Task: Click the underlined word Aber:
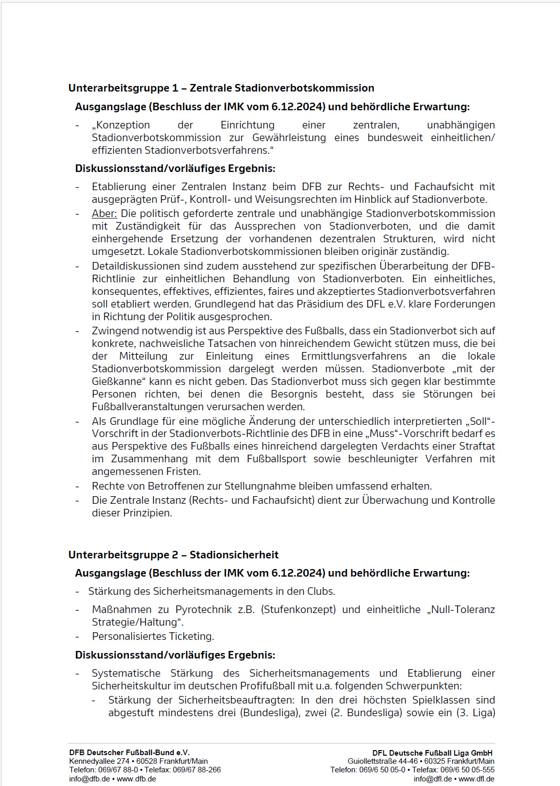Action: tap(104, 213)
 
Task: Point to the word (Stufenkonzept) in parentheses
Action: tap(298, 609)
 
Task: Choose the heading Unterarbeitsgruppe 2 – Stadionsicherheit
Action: tap(173, 555)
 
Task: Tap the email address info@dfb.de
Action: tap(90, 779)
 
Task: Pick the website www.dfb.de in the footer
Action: tap(136, 779)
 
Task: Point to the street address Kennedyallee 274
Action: tap(99, 761)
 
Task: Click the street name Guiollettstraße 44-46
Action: tap(382, 761)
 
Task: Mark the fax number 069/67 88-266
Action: tap(197, 770)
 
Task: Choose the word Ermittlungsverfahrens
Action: tap(354, 356)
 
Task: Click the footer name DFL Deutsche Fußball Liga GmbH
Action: tap(432, 753)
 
